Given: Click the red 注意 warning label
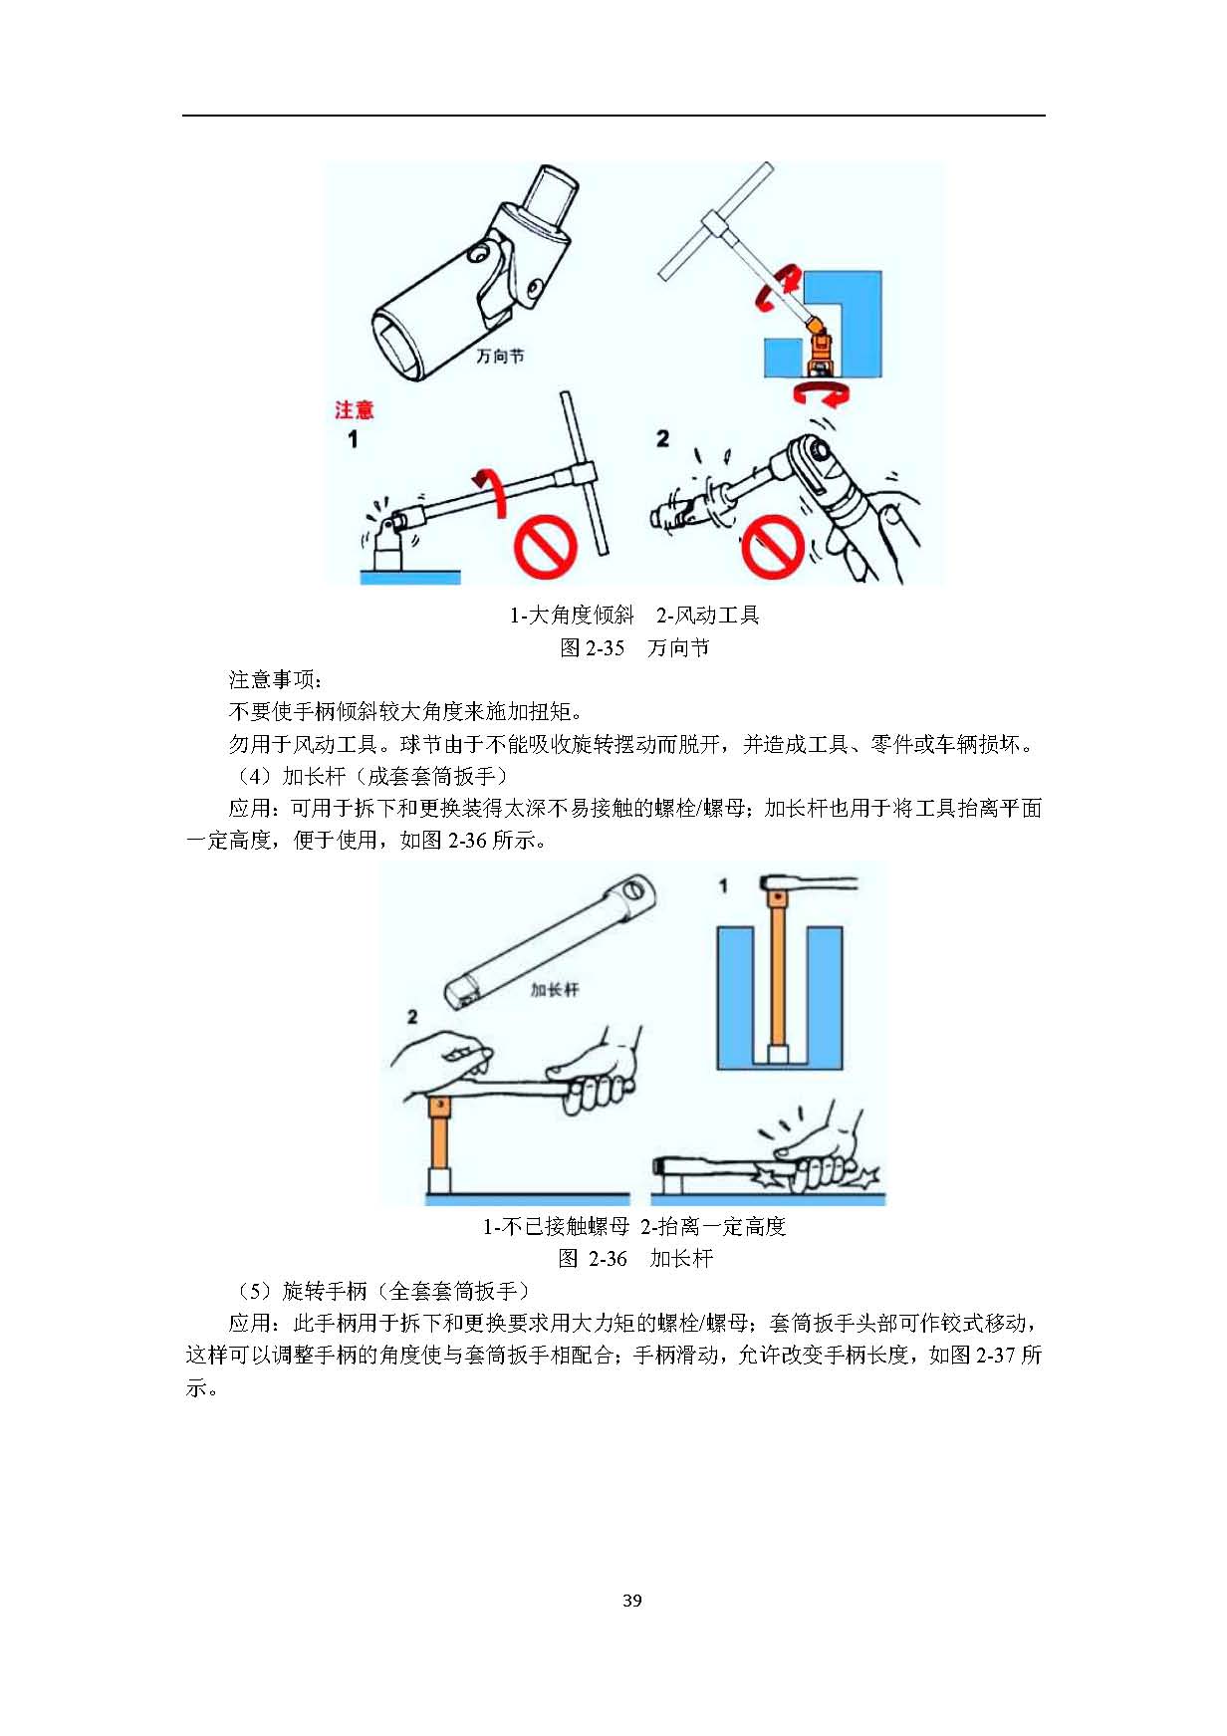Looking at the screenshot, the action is (354, 409).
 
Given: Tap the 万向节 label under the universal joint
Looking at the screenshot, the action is (500, 356).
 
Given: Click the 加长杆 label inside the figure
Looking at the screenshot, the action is (554, 989).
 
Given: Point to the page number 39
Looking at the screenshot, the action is (631, 1601).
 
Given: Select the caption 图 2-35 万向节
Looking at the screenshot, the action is (634, 647).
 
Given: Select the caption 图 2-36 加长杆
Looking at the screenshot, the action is (635, 1258).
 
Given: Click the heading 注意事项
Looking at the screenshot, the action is (275, 680).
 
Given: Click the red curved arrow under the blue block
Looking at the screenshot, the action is (822, 393).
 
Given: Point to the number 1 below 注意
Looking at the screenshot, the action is (352, 438).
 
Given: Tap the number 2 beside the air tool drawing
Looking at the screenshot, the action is (663, 438).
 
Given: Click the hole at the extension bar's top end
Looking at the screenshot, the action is (634, 889).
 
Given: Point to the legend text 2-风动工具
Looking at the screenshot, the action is (707, 615).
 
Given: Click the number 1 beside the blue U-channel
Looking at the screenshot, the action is (724, 884).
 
